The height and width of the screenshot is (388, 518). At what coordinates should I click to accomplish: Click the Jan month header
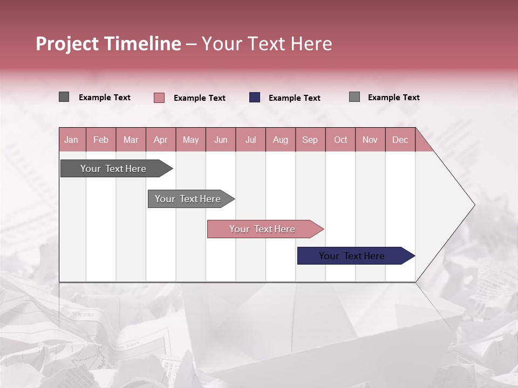point(71,140)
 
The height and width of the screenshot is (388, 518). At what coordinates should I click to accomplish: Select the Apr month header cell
point(160,140)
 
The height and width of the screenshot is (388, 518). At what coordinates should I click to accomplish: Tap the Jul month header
point(250,140)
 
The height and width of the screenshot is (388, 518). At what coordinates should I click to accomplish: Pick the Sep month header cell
point(310,140)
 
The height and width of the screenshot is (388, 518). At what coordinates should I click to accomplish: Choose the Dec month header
point(400,140)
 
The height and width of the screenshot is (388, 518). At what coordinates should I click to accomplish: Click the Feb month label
point(101,140)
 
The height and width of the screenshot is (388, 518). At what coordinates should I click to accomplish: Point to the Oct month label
point(340,140)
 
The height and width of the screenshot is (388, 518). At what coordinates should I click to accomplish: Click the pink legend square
point(159,98)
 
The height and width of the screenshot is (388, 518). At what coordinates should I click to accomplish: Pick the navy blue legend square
point(255,98)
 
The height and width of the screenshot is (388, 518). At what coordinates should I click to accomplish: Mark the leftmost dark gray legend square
point(64,97)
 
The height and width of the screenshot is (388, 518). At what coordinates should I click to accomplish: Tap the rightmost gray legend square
point(355,97)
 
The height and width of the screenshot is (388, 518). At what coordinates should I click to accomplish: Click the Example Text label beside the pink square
point(200,98)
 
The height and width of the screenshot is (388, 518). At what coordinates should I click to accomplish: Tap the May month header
point(190,140)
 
